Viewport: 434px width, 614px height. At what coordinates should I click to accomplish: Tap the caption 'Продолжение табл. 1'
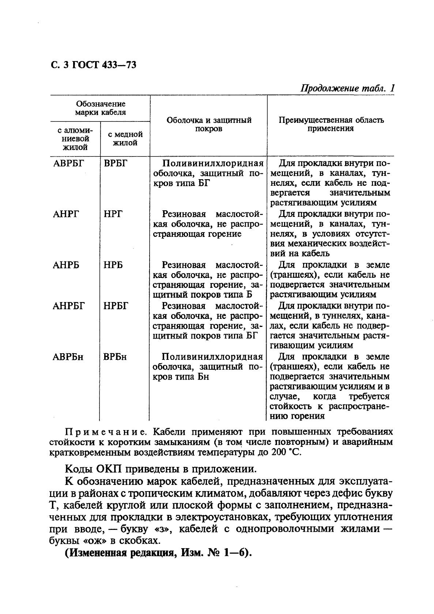[347, 89]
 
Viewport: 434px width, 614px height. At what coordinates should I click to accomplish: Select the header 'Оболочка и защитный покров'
[209, 124]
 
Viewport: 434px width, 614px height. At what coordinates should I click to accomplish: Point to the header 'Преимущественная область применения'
[331, 124]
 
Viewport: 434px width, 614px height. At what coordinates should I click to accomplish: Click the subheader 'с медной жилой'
[125, 139]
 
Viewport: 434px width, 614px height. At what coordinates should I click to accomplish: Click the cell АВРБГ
[68, 163]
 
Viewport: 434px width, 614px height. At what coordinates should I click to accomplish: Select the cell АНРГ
[66, 214]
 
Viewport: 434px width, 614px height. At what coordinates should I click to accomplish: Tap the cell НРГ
[113, 214]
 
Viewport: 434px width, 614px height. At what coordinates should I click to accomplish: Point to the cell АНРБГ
[68, 306]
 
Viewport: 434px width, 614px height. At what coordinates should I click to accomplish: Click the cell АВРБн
[68, 357]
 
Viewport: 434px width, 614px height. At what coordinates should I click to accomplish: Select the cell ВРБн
[115, 357]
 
